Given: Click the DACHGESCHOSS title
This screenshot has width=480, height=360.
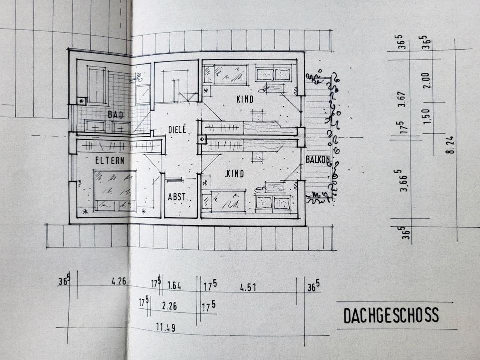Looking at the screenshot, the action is click(x=391, y=315).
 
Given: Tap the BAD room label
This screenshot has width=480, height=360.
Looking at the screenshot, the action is click(x=115, y=114).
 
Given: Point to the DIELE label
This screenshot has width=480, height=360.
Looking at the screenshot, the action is click(x=176, y=129).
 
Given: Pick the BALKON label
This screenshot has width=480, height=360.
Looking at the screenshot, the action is click(x=318, y=160).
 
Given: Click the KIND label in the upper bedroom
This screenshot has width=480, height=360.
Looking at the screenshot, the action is click(x=245, y=99).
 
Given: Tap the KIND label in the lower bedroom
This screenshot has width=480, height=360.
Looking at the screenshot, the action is click(x=234, y=173).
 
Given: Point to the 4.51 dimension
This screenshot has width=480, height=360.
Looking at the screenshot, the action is click(x=248, y=287).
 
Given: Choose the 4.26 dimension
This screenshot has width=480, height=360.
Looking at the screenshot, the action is click(x=119, y=281).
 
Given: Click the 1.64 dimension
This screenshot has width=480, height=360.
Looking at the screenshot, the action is click(x=174, y=286).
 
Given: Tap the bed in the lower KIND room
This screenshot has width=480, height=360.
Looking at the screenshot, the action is click(x=224, y=201).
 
